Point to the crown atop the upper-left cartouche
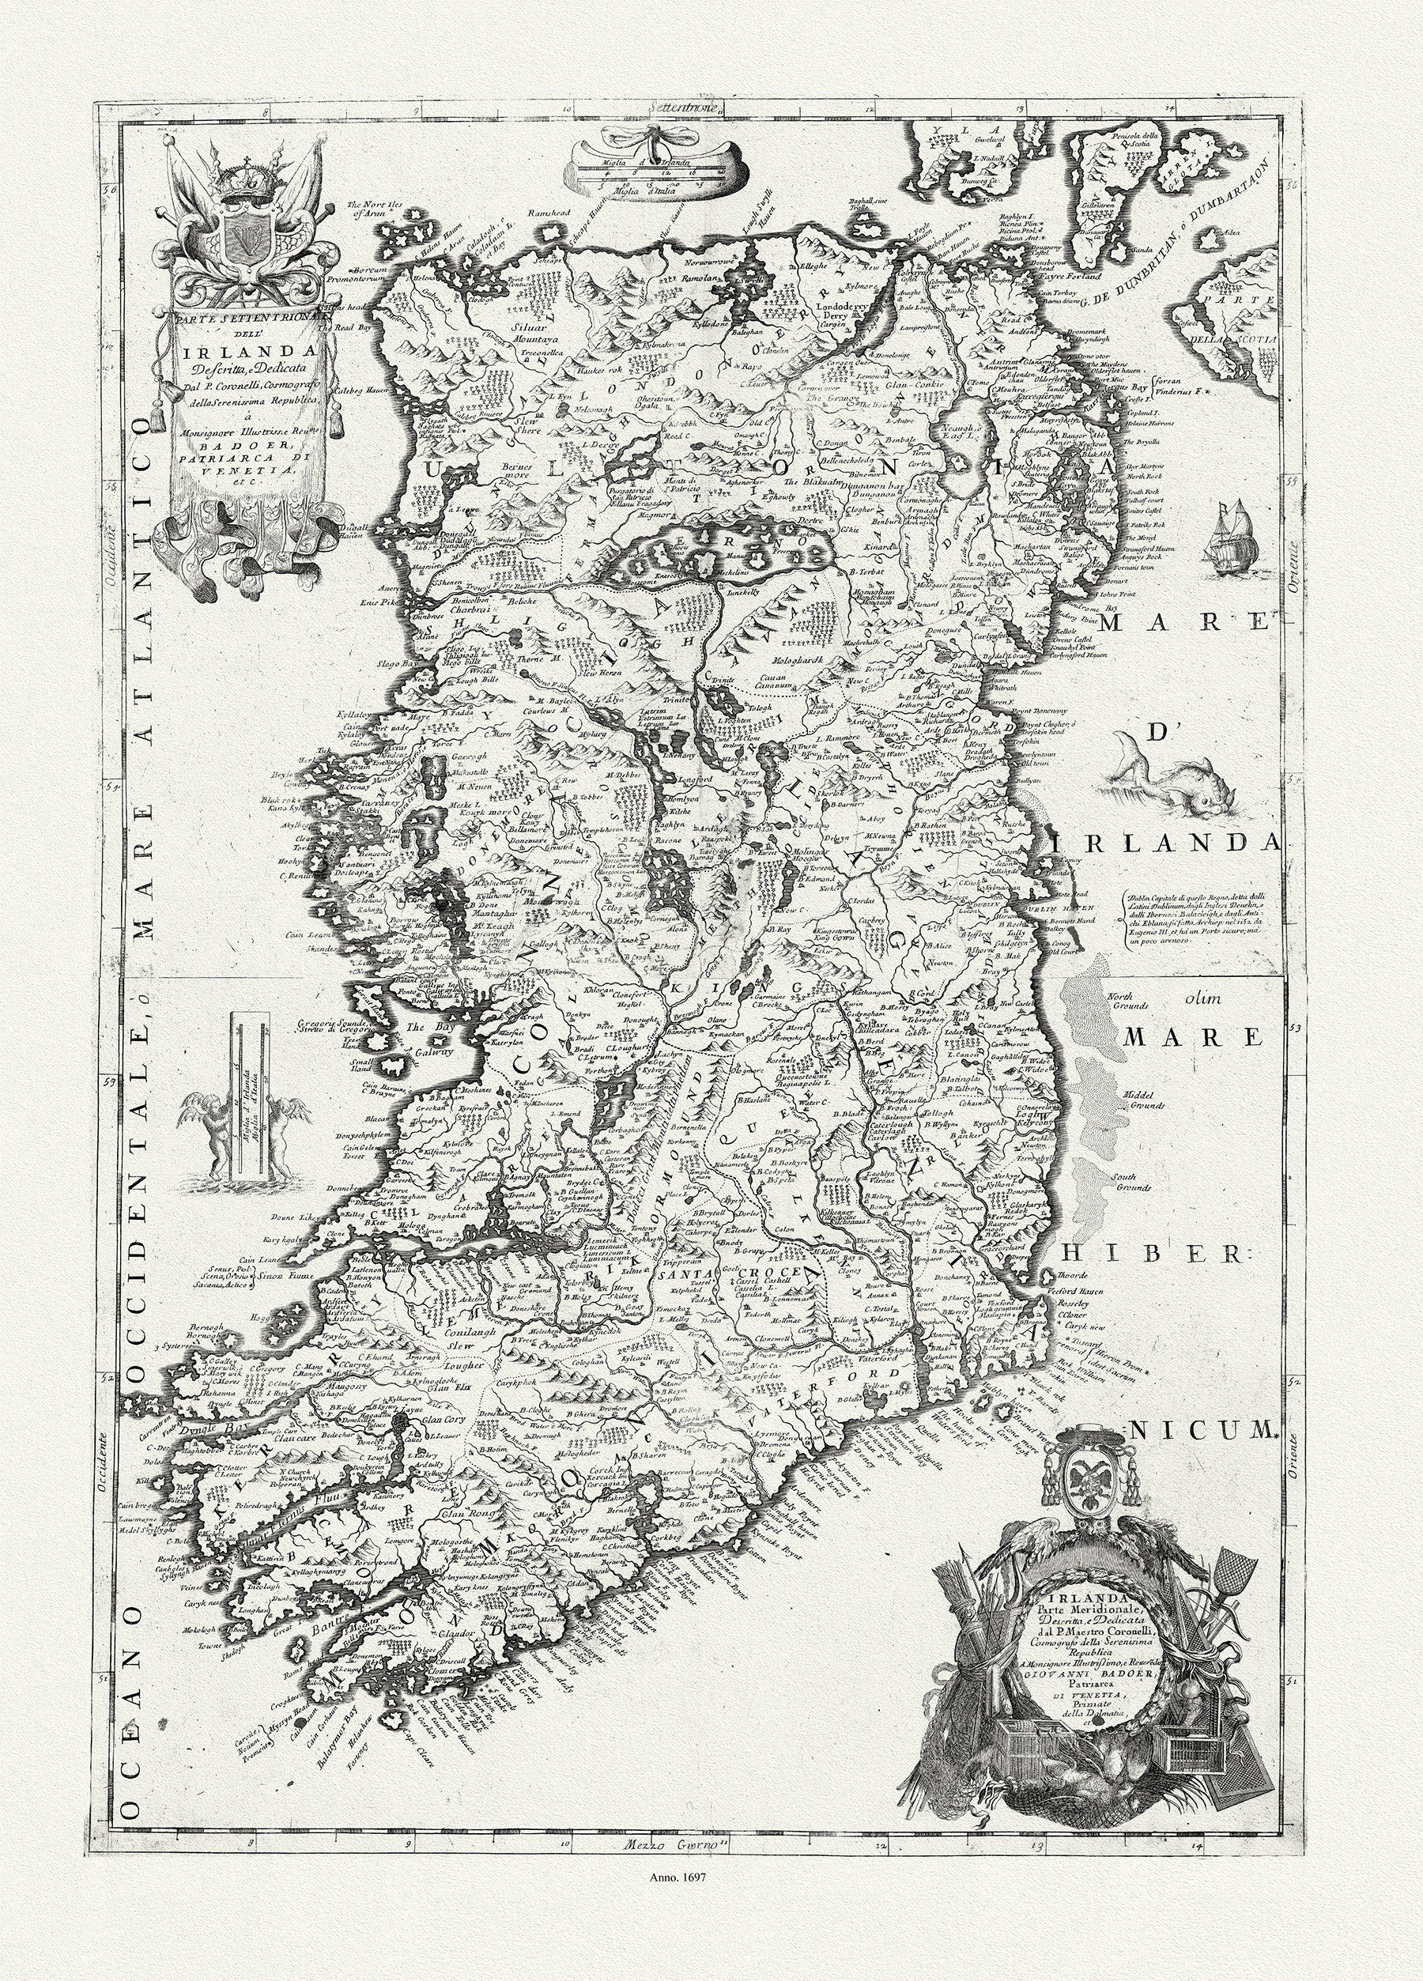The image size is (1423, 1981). pos(240,175)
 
